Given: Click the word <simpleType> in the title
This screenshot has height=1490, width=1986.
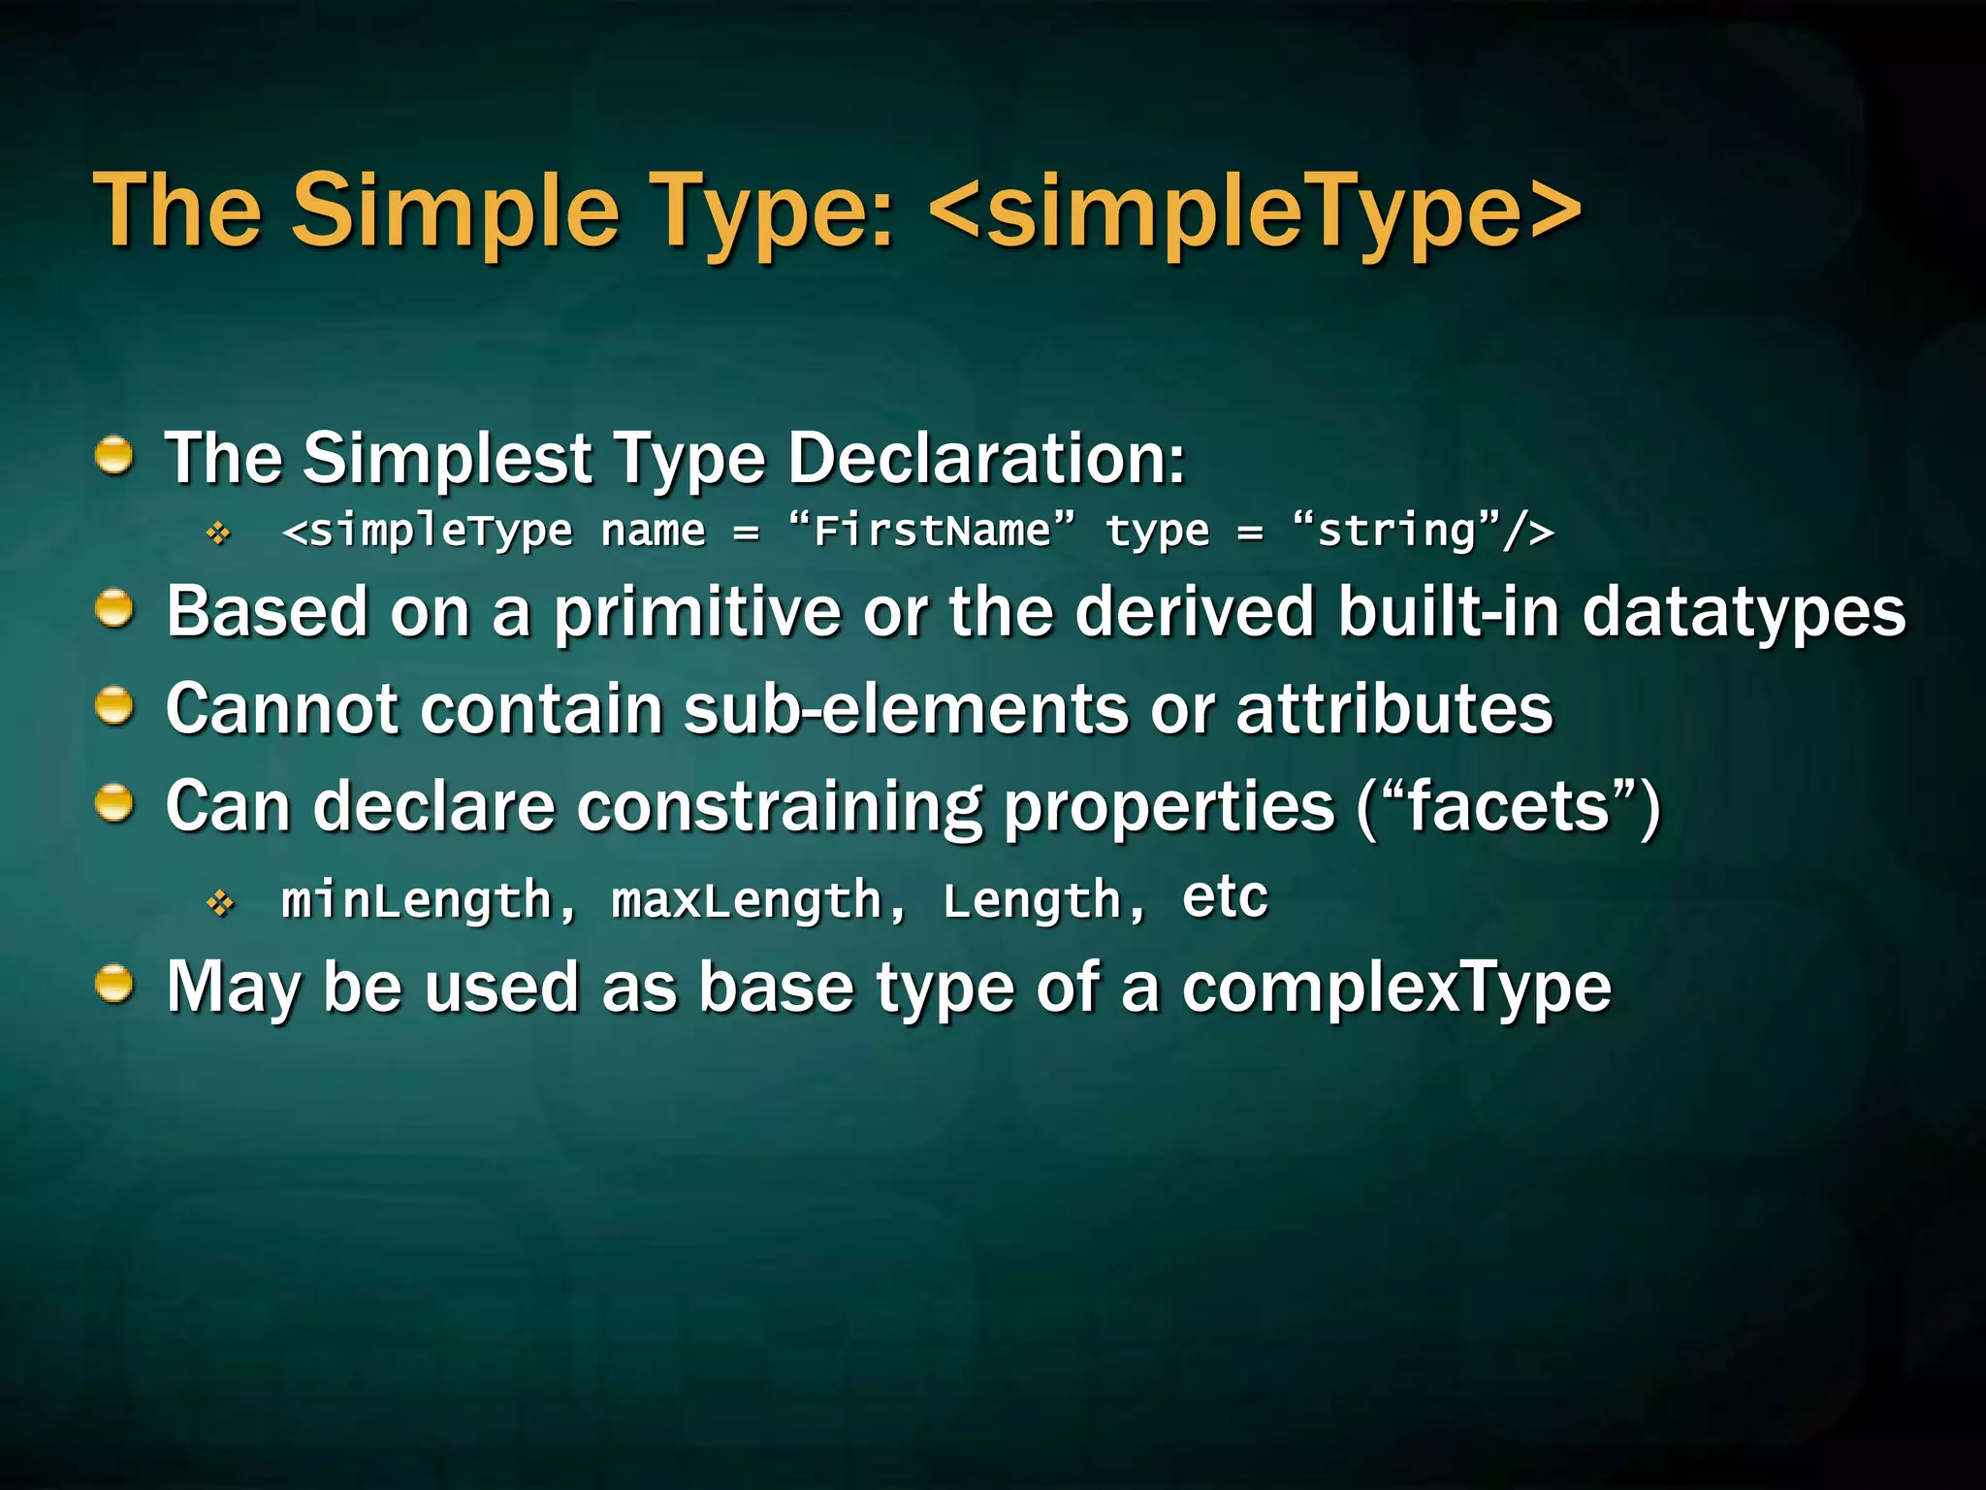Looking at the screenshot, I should (x=1255, y=211).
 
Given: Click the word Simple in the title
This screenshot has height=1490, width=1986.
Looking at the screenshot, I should (x=455, y=211).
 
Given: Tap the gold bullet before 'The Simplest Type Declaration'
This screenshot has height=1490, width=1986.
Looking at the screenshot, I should (x=114, y=455).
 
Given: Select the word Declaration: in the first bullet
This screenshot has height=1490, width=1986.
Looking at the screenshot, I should (x=985, y=457).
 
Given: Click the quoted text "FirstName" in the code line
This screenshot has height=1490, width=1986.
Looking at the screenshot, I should (x=932, y=531).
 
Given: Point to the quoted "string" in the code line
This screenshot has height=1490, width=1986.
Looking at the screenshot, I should (x=1397, y=531).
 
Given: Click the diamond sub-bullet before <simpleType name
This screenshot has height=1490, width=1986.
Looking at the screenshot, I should (x=219, y=533).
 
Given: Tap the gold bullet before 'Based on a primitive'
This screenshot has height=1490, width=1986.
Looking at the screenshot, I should (x=114, y=609).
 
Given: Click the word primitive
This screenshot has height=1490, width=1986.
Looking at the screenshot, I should (x=697, y=613).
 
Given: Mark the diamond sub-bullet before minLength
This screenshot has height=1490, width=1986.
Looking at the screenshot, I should (x=220, y=904).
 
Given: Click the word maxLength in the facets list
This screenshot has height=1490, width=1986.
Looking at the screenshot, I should (x=747, y=900).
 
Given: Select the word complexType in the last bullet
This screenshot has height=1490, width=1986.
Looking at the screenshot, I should (x=1396, y=988).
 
